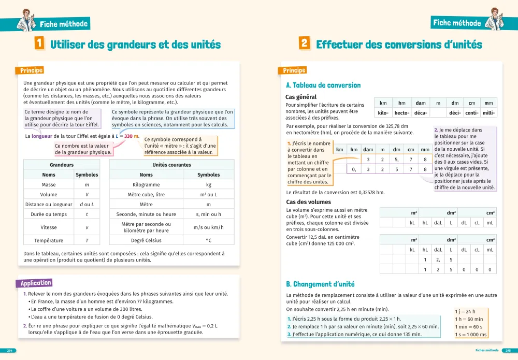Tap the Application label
click(x=36, y=283)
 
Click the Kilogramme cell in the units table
click(x=146, y=184)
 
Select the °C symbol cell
click(x=209, y=240)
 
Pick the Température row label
click(x=49, y=240)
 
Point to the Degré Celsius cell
click(x=146, y=240)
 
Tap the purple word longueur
click(x=41, y=136)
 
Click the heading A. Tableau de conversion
click(x=323, y=85)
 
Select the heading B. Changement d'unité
click(x=320, y=284)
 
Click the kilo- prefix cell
click(x=383, y=113)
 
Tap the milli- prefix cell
click(x=488, y=113)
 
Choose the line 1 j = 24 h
click(x=465, y=311)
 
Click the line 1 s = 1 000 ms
click(x=471, y=335)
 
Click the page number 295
click(x=508, y=351)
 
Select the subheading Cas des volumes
click(x=309, y=202)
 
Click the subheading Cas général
click(x=301, y=97)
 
